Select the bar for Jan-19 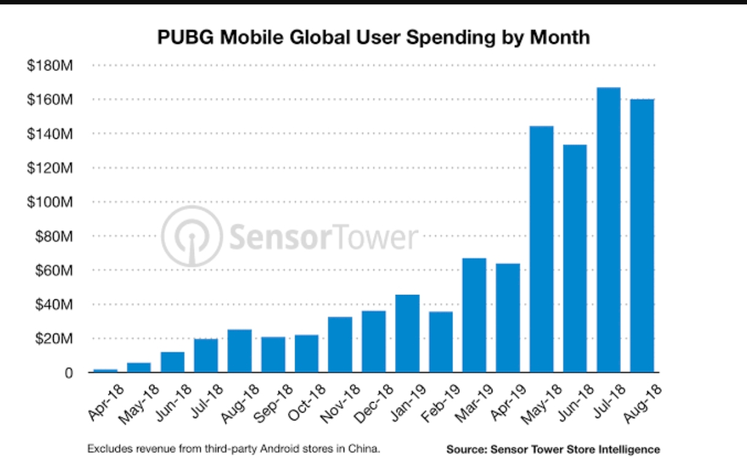click(407, 334)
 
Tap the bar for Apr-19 click(508, 318)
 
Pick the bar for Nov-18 click(340, 345)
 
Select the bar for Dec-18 click(374, 341)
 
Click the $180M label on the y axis click(50, 65)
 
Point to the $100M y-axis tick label click(50, 202)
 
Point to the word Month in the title click(560, 37)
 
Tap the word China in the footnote click(366, 449)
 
